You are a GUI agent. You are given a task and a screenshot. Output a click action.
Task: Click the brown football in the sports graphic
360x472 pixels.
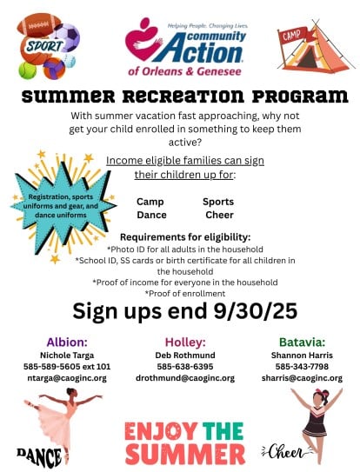pyautogui.click(x=39, y=25)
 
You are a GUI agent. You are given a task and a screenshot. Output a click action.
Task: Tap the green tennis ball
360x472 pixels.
pyautogui.click(x=28, y=70)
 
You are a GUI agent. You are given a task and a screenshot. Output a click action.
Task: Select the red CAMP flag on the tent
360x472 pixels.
pyautogui.click(x=292, y=36)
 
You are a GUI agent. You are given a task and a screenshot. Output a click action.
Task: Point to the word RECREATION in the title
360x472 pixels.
pyautogui.click(x=183, y=96)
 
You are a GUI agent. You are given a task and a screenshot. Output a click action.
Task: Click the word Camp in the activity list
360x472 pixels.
pyautogui.click(x=150, y=202)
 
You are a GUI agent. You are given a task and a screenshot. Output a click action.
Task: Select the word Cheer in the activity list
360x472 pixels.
pyautogui.click(x=219, y=215)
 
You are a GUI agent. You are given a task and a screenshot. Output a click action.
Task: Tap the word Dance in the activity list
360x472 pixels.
pyautogui.click(x=151, y=215)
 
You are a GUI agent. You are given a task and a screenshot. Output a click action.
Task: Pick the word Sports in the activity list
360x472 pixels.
pyautogui.click(x=218, y=202)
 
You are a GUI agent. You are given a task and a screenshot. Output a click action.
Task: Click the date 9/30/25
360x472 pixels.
pyautogui.click(x=255, y=310)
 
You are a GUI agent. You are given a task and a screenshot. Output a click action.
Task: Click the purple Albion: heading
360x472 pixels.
pyautogui.click(x=67, y=342)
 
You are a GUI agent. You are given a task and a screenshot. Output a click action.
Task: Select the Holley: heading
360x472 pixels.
pyautogui.click(x=185, y=342)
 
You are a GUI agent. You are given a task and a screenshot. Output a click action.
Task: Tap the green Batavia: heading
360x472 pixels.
pyautogui.click(x=302, y=342)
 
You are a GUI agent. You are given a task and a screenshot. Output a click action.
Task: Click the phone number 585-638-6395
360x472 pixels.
pyautogui.click(x=185, y=367)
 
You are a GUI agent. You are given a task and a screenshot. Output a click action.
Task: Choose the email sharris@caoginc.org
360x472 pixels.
pyautogui.click(x=302, y=378)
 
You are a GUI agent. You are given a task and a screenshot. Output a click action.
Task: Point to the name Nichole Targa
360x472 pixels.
pyautogui.click(x=67, y=356)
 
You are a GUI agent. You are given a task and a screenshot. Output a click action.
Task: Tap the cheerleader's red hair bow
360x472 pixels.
pyautogui.click(x=320, y=393)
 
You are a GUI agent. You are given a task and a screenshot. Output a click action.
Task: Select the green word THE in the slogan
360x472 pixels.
pyautogui.click(x=223, y=431)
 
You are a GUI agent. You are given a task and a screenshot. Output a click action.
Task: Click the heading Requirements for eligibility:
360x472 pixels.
pyautogui.click(x=185, y=237)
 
